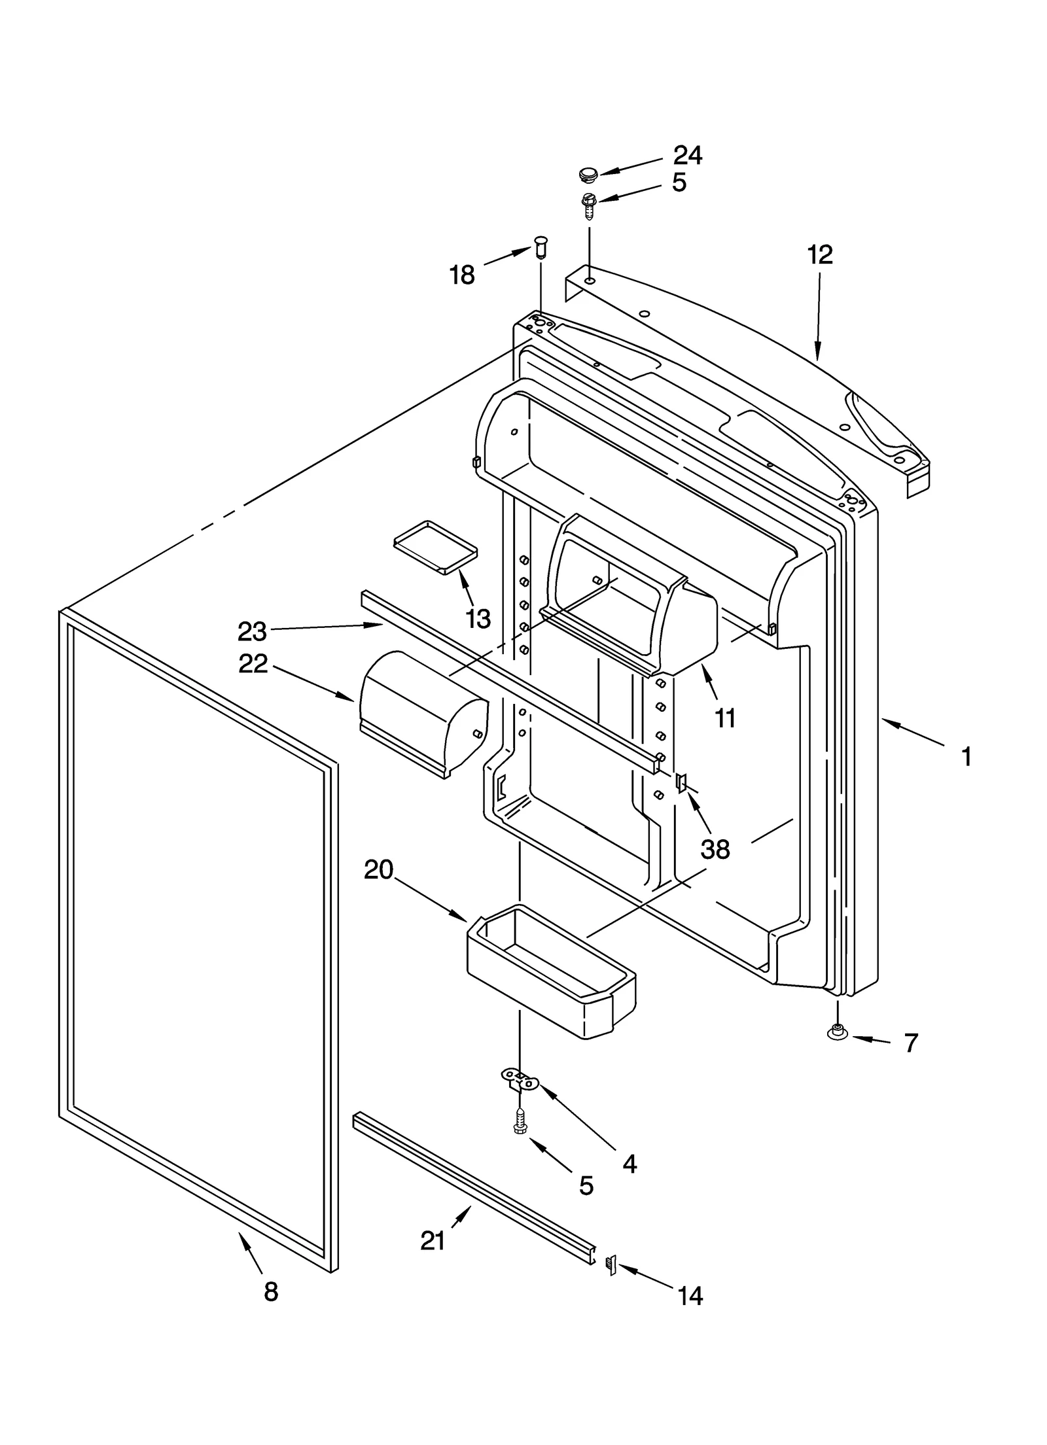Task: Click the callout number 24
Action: point(687,156)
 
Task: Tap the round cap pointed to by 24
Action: point(588,174)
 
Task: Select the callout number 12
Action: point(819,254)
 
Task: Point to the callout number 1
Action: point(967,757)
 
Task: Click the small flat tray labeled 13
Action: point(435,547)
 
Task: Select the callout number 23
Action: point(252,632)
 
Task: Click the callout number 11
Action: point(725,718)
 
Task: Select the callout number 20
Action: point(378,870)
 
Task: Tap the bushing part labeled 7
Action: point(837,1032)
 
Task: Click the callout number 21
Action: point(433,1240)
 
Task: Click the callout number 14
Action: point(690,1296)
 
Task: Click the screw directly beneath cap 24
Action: point(588,205)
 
